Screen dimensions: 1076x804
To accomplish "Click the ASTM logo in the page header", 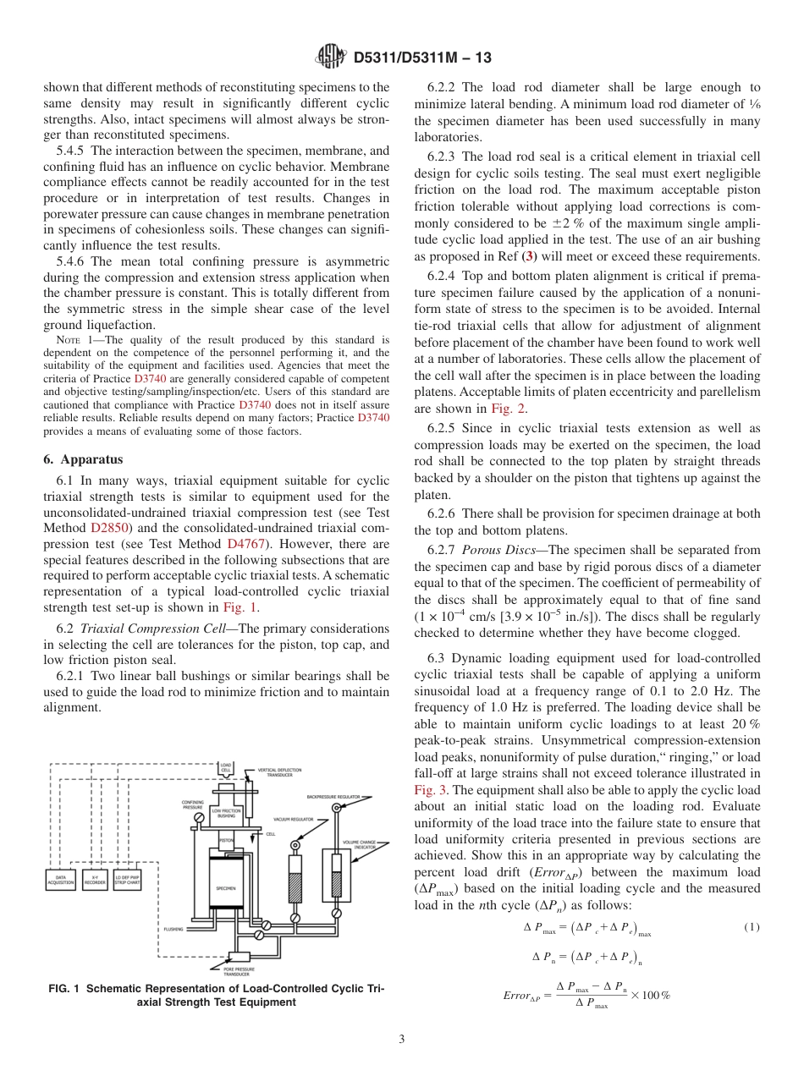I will [330, 58].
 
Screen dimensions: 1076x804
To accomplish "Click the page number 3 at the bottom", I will [401, 1039].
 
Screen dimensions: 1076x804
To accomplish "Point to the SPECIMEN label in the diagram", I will [226, 888].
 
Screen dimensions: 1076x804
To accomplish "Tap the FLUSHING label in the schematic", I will [173, 928].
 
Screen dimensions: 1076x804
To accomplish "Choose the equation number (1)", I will [752, 927].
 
